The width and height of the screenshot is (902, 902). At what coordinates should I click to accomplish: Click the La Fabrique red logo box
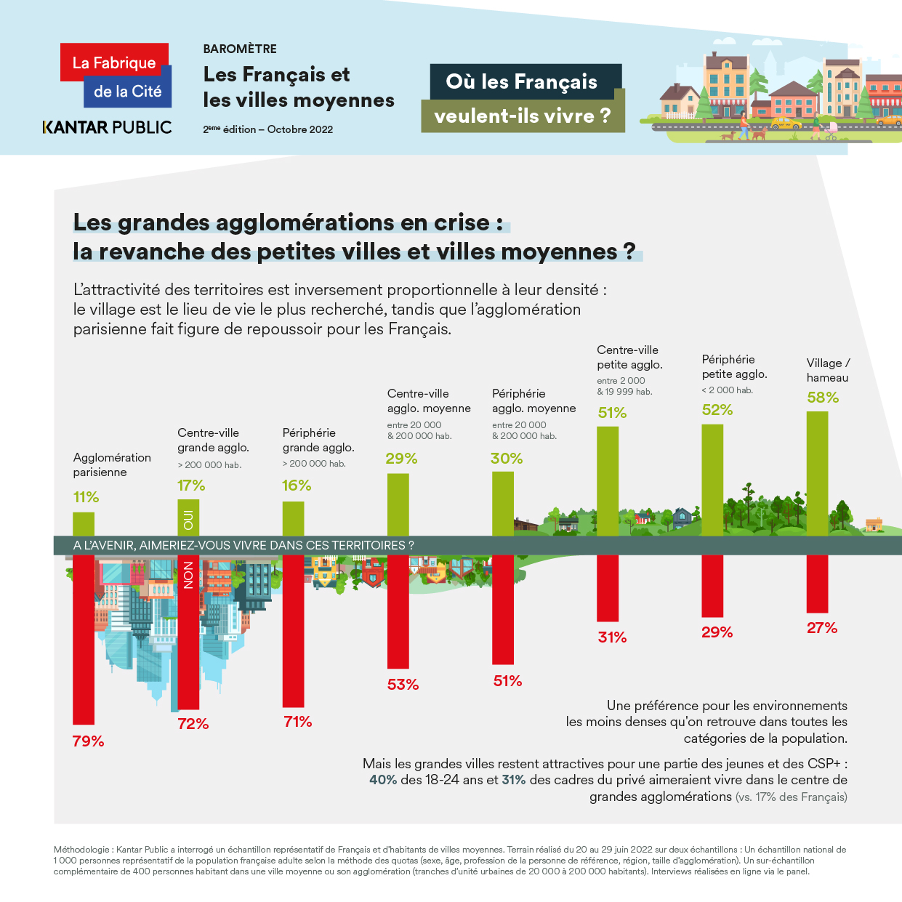114,63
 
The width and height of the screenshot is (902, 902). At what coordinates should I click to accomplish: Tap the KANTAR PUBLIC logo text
108,127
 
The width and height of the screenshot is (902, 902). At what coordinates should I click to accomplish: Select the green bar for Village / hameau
817,473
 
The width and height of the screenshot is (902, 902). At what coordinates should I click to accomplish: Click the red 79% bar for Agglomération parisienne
84,640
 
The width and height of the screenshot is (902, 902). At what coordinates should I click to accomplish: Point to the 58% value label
823,398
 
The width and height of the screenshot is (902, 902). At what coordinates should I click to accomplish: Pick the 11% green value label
86,497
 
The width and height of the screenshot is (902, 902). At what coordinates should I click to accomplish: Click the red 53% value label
403,685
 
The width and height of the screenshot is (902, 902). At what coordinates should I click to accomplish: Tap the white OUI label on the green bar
188,520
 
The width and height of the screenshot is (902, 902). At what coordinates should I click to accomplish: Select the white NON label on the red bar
188,575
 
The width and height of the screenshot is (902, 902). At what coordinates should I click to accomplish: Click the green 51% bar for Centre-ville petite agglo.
608,480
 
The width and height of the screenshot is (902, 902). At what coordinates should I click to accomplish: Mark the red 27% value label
822,628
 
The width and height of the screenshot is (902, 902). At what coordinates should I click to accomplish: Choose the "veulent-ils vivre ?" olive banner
523,116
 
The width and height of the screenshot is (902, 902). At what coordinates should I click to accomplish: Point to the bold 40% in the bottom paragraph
383,780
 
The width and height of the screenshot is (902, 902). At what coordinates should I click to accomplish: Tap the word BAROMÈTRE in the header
240,49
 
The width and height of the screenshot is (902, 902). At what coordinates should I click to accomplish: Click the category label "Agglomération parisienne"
112,464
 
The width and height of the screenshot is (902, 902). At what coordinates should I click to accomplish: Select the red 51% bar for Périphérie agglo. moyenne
503,609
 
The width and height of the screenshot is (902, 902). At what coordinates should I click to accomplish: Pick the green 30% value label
506,459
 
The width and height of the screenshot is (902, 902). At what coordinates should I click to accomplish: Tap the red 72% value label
193,724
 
